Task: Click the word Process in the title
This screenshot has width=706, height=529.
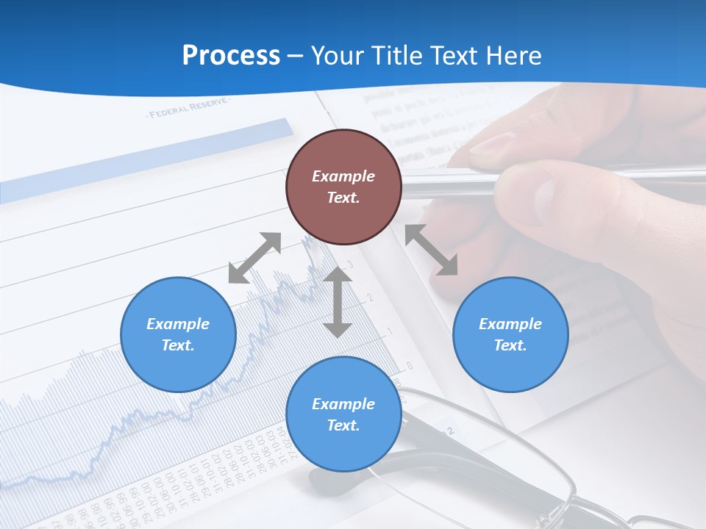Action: point(231,56)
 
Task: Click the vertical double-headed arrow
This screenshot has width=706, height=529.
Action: point(338,302)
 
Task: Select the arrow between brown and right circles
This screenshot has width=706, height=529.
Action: point(431,251)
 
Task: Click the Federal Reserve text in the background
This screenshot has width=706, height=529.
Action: point(188,110)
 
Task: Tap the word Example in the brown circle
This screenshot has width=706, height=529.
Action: point(343,176)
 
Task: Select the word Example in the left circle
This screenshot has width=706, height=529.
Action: point(178,324)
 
